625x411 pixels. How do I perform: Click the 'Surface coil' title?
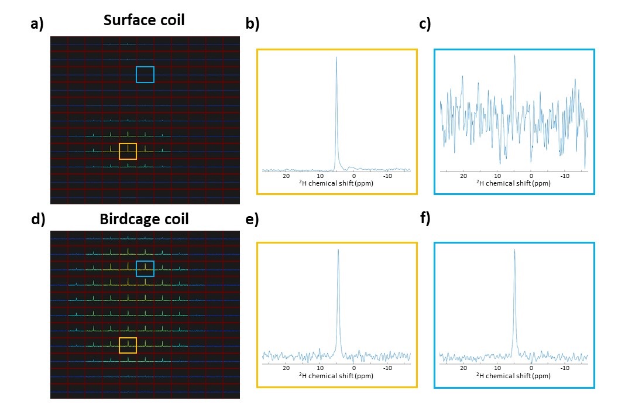(144, 20)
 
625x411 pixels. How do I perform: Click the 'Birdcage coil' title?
(144, 220)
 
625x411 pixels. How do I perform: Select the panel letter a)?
(37, 24)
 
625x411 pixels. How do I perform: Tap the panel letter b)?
(252, 24)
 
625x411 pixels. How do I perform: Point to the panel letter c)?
(425, 24)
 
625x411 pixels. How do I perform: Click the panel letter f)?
(425, 218)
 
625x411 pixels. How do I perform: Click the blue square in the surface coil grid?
(145, 74)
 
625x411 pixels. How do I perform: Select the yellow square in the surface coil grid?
(128, 151)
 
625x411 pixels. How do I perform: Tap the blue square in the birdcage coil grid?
(145, 268)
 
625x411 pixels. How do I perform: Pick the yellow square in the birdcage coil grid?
(128, 345)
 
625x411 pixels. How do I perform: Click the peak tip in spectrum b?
(336, 57)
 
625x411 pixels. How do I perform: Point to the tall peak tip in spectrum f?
(514, 249)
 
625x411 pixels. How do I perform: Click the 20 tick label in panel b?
(286, 176)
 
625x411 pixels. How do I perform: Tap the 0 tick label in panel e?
(354, 368)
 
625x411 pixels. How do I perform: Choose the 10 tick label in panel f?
(497, 368)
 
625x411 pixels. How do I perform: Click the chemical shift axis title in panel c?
(513, 183)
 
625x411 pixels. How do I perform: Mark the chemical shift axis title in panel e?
(336, 376)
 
